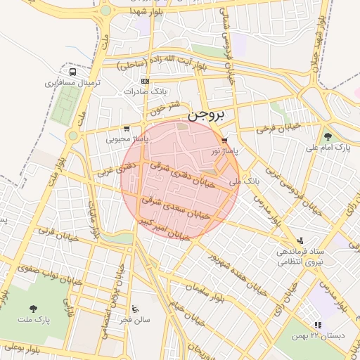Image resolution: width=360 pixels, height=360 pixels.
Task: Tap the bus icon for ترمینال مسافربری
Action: pos(72,72)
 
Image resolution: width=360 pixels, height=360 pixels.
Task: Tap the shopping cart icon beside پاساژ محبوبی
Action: pos(126,129)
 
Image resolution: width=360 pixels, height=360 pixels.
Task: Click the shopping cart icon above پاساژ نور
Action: pos(224,140)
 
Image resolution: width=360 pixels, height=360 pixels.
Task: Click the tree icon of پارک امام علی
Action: pos(328,136)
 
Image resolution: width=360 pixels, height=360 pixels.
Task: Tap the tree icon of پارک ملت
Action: pos(33,308)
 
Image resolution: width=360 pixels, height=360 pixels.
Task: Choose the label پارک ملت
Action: pos(34,320)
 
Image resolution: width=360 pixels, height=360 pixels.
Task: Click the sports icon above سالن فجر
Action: pos(135,309)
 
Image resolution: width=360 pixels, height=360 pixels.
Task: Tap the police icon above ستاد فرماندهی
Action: pos(301,240)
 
